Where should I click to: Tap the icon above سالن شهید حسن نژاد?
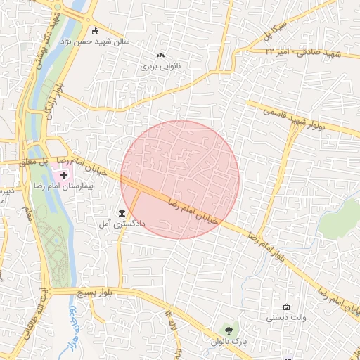(x=96, y=30)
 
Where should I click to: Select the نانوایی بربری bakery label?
(x=161, y=67)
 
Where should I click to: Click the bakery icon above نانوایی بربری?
(x=161, y=55)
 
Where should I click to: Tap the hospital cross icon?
(x=64, y=174)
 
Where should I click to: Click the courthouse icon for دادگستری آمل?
(x=122, y=213)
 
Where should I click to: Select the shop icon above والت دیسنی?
(x=286, y=307)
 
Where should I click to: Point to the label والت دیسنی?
(x=286, y=319)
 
